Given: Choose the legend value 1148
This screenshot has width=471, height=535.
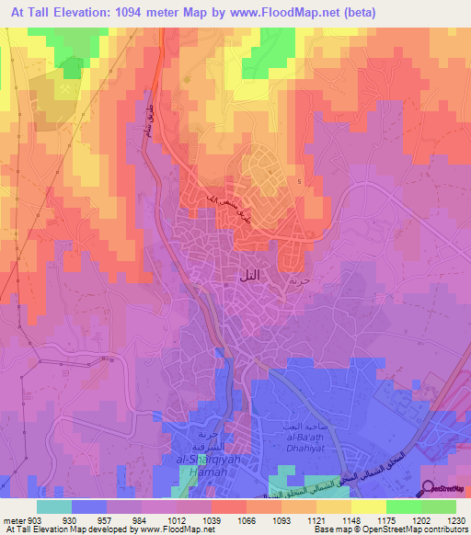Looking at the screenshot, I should (x=341, y=519).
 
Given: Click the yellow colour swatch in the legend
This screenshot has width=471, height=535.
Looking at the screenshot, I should (x=368, y=507).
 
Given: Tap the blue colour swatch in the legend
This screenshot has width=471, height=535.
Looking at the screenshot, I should (x=89, y=507).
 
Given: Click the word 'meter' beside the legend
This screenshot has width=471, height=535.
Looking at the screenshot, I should (x=11, y=519).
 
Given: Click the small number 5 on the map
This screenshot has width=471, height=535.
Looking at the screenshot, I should (x=299, y=180).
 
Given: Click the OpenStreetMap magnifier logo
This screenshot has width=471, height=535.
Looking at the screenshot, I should (x=428, y=489).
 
